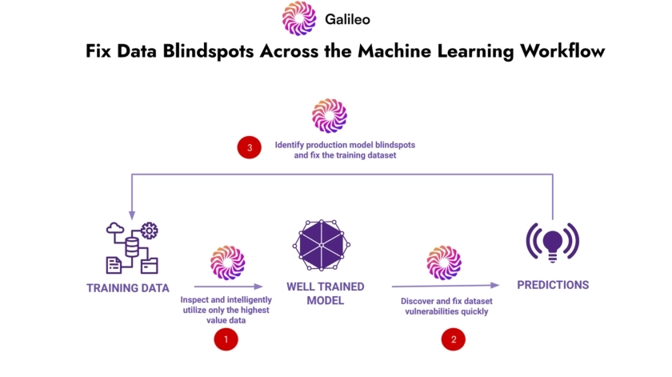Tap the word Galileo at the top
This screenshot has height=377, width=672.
click(x=348, y=18)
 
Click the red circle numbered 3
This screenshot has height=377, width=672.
click(x=250, y=148)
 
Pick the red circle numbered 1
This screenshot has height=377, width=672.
click(x=226, y=339)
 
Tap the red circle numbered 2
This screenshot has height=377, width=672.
click(x=454, y=339)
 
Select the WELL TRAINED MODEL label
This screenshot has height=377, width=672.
click(x=325, y=293)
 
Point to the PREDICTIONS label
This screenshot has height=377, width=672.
click(x=553, y=285)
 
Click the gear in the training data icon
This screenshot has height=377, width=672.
click(x=150, y=231)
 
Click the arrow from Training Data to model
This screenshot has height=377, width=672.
click(x=228, y=286)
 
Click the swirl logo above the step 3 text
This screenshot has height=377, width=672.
click(x=330, y=115)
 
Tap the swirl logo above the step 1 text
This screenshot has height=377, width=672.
click(x=227, y=263)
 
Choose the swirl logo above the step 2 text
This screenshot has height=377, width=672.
click(x=445, y=263)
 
